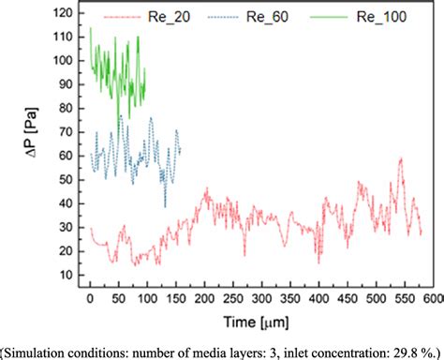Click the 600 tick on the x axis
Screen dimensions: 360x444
click(430, 298)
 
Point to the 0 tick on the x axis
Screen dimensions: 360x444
click(90, 298)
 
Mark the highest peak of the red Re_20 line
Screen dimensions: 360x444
click(401, 159)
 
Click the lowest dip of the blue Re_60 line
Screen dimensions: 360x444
click(166, 206)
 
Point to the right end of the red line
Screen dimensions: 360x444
click(422, 234)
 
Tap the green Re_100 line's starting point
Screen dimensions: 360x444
click(90, 29)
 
